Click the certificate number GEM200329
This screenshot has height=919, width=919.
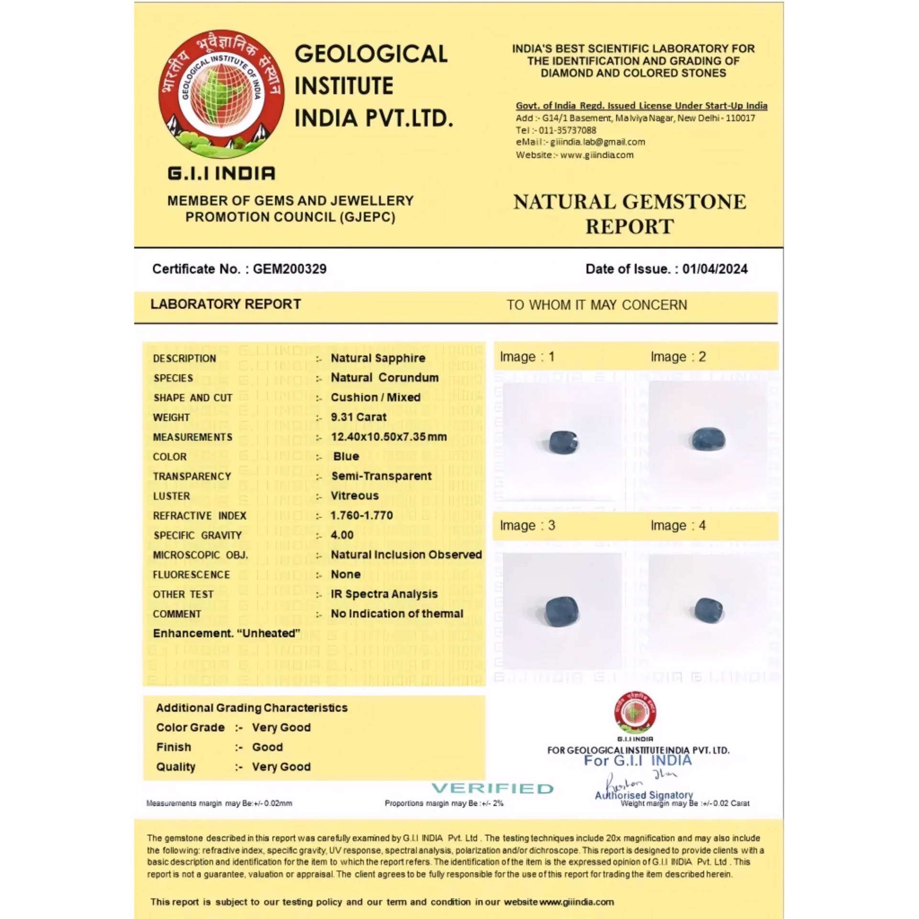pos(290,269)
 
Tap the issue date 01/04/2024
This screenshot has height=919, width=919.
pos(715,269)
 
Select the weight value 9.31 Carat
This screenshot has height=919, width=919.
pos(359,417)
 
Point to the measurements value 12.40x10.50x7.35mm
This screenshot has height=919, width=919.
pos(389,437)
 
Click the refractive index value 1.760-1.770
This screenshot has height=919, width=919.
pos(361,516)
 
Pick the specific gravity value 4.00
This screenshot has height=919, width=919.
pos(342,535)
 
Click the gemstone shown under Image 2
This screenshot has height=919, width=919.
pos(708,439)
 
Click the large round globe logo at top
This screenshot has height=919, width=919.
pos(221,94)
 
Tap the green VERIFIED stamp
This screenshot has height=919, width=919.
pos(493,788)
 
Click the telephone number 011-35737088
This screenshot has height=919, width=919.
pos(567,130)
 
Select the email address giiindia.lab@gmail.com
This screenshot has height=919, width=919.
pos(597,142)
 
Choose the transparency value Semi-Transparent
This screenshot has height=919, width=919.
pos(381,476)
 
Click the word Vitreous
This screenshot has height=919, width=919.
pos(354,496)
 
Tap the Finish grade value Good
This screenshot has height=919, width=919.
pos(267,747)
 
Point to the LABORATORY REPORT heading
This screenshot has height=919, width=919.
pos(225,304)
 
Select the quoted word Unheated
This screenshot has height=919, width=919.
pos(269,633)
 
